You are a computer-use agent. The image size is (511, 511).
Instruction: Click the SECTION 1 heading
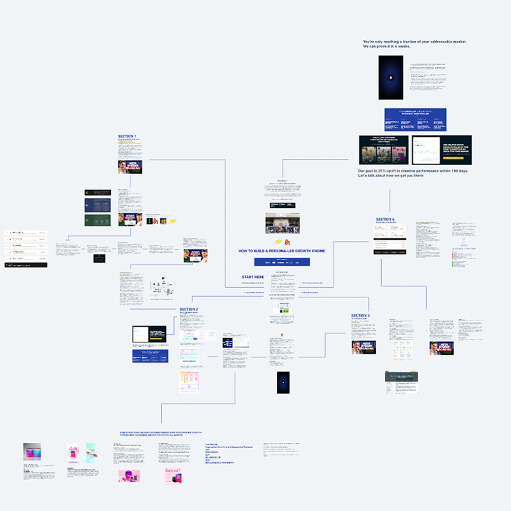(126, 136)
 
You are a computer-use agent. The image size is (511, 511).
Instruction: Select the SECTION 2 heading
(189, 309)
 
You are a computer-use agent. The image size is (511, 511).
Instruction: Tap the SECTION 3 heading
(361, 316)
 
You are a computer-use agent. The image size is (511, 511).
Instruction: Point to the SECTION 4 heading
(385, 220)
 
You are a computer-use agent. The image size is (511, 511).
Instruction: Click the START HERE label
(253, 277)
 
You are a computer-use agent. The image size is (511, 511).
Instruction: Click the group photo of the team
(282, 223)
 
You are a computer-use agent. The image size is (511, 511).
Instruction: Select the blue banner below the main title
(282, 262)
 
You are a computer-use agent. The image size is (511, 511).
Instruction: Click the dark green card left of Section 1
(97, 220)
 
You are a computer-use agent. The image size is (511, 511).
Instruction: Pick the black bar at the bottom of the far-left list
(26, 265)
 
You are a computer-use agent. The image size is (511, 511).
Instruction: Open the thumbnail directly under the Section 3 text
(363, 347)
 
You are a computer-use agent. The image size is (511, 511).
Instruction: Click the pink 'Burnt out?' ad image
(174, 476)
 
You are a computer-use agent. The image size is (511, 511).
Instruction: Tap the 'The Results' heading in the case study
(211, 445)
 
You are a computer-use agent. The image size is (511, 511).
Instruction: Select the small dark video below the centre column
(283, 382)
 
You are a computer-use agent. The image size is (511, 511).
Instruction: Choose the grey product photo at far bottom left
(32, 452)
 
